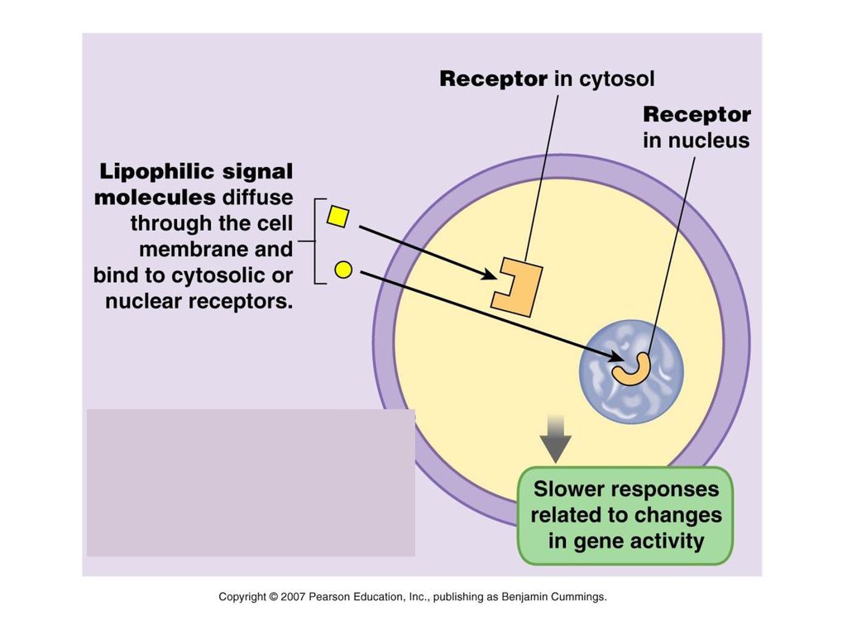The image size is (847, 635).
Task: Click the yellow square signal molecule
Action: coord(338,217)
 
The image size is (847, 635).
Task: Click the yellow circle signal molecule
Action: coord(343,270)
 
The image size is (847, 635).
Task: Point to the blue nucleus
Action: coord(631,373)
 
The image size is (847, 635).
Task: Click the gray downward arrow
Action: coord(555,439)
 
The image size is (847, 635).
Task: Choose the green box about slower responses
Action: coord(625,516)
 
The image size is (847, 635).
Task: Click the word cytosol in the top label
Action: coord(617,79)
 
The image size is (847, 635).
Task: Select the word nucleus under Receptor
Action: coord(708,141)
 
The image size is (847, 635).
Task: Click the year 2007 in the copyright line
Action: coord(294,597)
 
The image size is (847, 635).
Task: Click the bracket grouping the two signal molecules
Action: coord(314,241)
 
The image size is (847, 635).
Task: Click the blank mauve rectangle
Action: coord(251,483)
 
